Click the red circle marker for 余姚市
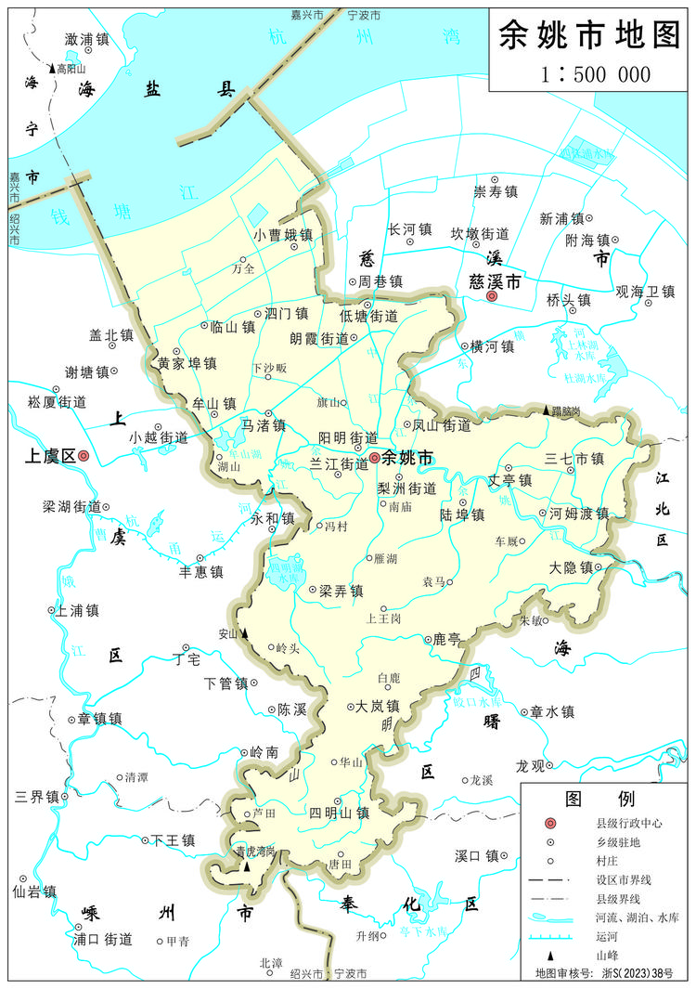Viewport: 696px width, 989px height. (374, 458)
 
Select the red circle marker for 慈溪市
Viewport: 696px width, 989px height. (492, 296)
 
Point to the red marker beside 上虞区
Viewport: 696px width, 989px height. (84, 456)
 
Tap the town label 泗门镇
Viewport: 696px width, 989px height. (285, 314)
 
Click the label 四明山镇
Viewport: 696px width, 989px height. (340, 812)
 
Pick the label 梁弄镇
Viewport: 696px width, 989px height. (341, 590)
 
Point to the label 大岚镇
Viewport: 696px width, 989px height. (378, 706)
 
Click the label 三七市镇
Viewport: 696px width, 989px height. (574, 458)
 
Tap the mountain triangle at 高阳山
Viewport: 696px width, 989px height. (53, 68)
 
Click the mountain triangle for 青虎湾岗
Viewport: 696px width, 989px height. (246, 865)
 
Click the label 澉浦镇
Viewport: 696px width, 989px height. (87, 39)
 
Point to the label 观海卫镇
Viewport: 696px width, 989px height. (645, 292)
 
